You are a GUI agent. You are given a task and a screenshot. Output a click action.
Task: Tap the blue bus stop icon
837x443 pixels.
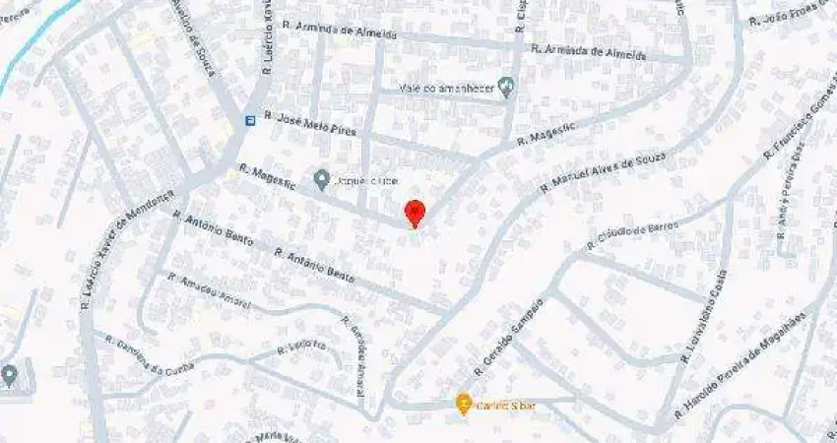250,121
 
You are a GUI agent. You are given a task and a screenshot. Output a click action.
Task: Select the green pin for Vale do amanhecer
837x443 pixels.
507,88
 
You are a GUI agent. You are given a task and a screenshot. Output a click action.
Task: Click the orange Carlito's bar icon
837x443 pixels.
463,404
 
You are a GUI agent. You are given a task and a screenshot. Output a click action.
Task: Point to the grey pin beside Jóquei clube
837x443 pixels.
321,179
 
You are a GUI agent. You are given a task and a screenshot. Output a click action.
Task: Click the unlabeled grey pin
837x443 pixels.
9,375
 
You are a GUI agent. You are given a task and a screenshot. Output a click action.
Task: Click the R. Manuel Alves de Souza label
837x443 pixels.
604,172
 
